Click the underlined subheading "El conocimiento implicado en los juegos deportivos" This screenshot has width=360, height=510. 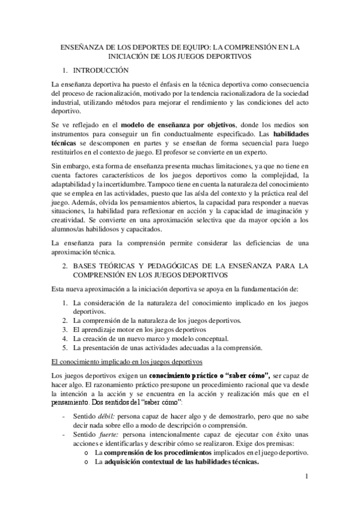tap(126, 361)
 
